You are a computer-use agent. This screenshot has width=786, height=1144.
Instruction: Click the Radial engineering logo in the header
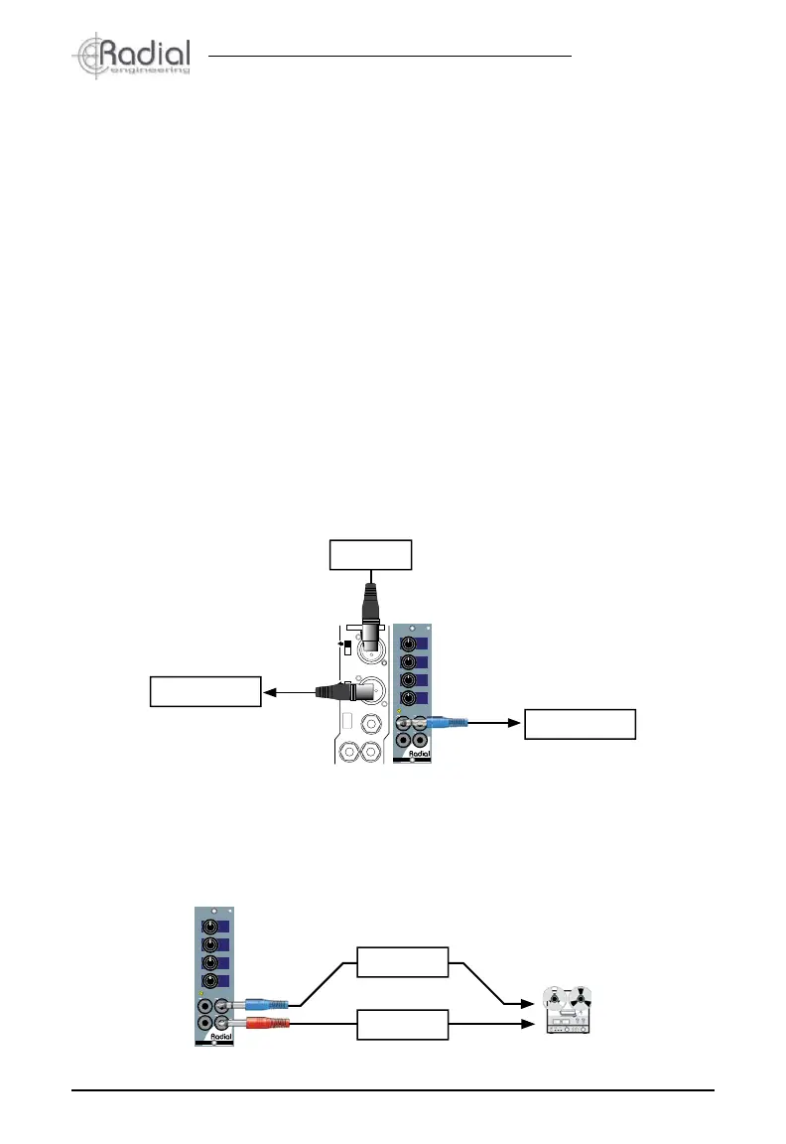pos(131,58)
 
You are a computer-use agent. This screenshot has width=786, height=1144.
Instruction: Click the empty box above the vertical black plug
pos(370,554)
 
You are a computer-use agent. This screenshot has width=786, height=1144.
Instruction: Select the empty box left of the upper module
pos(204,690)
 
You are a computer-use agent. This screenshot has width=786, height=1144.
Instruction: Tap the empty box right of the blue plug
pos(579,724)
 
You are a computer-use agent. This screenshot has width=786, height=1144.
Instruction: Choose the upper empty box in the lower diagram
pos(402,961)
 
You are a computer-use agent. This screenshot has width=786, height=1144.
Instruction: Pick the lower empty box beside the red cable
pos(402,1024)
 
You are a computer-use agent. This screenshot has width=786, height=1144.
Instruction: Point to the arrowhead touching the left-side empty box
pos(268,690)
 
